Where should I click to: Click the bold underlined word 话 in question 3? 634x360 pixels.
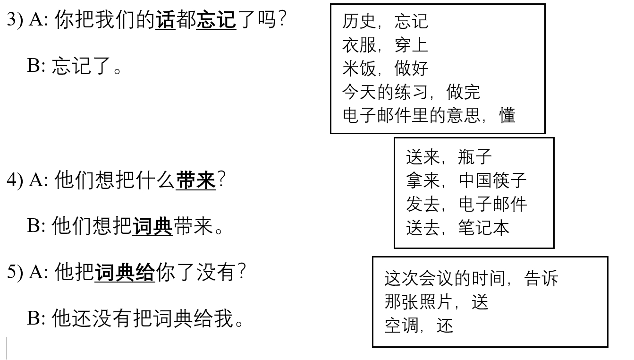tap(165, 20)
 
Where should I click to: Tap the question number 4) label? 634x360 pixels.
tap(15, 180)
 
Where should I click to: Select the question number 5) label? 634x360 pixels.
tap(15, 272)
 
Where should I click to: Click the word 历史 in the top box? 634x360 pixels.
tap(359, 21)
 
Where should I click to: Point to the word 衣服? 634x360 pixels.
tap(359, 45)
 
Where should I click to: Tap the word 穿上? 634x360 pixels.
tap(411, 45)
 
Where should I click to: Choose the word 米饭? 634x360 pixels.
tap(359, 69)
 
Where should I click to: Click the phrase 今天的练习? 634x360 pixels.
tap(385, 92)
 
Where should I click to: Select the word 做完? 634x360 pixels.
tap(463, 92)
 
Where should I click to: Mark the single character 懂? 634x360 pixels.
tap(507, 115)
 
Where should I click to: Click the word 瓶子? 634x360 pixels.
tap(475, 156)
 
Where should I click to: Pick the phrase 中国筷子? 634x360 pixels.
tap(492, 180)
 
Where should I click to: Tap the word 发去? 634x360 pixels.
tap(423, 204)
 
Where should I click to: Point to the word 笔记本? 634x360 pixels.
tap(484, 227)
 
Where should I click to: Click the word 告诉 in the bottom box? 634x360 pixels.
tap(541, 278)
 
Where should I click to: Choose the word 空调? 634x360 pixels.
tap(401, 325)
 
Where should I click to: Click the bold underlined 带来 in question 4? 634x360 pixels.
tap(196, 180)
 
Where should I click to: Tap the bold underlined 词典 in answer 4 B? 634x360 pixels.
tap(152, 226)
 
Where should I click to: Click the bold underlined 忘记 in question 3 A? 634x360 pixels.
tap(216, 20)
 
